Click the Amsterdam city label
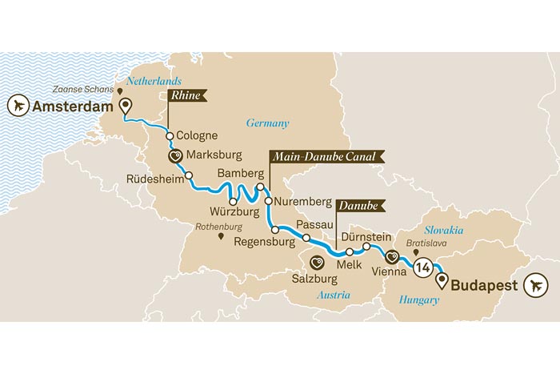[x=73, y=106]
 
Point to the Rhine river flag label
[x=186, y=96]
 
